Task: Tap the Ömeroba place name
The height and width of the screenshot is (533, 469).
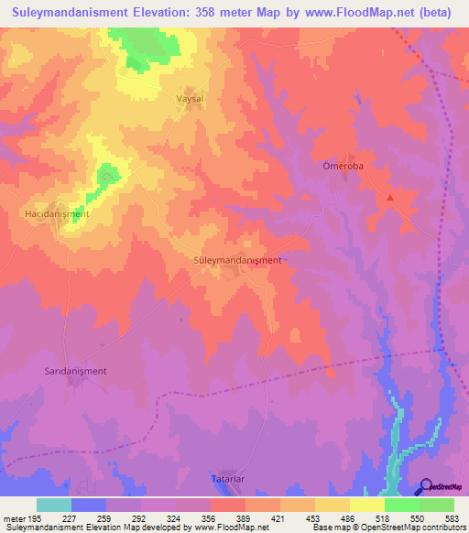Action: tap(344, 166)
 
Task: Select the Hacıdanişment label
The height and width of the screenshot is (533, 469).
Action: tap(56, 213)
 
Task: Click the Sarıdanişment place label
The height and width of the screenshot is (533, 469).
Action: tap(76, 371)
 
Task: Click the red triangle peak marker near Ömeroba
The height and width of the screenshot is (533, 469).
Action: tap(390, 197)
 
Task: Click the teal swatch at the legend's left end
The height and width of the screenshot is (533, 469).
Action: tap(54, 505)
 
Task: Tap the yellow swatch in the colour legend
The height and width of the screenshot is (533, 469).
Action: tap(366, 505)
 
